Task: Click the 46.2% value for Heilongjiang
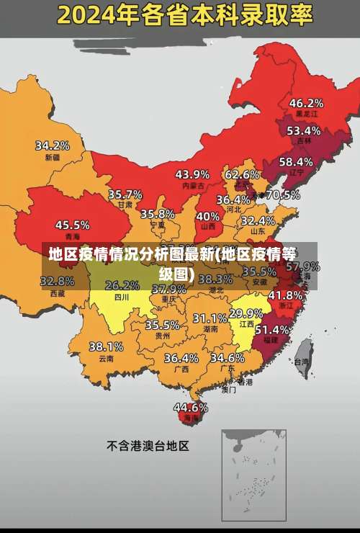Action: click(x=306, y=103)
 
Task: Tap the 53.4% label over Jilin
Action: click(x=303, y=131)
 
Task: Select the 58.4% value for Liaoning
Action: click(x=296, y=162)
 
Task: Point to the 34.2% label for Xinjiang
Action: click(x=53, y=145)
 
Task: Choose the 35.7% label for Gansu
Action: click(x=125, y=194)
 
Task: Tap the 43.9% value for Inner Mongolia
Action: click(x=192, y=174)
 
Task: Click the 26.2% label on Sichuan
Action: click(x=122, y=285)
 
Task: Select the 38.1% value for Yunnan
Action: click(x=106, y=346)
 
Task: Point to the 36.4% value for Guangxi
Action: click(x=181, y=358)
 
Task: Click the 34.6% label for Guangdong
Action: click(x=227, y=357)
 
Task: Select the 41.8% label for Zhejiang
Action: click(x=285, y=295)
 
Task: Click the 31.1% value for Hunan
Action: click(x=210, y=318)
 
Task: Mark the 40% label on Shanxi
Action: click(x=207, y=216)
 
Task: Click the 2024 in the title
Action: click(x=91, y=14)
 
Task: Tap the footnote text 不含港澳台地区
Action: click(x=148, y=446)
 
